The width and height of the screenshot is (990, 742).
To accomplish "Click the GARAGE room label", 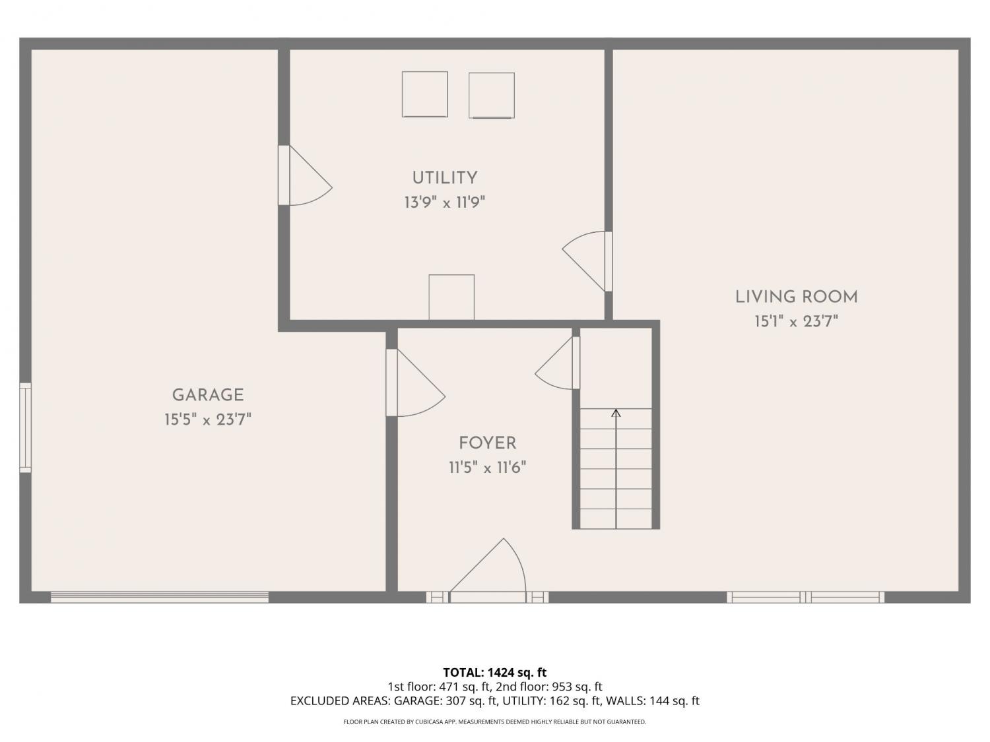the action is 208,395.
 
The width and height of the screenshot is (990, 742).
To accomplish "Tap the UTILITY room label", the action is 445,178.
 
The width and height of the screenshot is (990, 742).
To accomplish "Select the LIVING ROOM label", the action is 797,297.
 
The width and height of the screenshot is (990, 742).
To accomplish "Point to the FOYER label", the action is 487,443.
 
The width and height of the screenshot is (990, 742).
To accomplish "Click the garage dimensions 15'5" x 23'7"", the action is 207,420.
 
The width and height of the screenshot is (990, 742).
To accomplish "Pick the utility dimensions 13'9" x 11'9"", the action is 445,202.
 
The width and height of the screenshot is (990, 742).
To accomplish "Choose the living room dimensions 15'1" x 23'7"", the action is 797,322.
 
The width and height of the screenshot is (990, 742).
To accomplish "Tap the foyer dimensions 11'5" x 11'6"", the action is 487,468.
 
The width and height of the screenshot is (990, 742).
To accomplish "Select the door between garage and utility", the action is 305,175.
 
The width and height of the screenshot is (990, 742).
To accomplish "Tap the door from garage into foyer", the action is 415,383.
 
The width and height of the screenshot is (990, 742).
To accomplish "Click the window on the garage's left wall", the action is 25,427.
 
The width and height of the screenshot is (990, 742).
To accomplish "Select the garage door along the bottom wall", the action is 160,598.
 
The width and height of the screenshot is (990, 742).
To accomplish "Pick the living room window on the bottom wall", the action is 806,598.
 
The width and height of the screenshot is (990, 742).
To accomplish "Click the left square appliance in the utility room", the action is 425,94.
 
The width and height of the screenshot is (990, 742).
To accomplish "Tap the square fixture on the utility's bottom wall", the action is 451,297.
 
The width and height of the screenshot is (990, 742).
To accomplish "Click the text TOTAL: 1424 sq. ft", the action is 495,673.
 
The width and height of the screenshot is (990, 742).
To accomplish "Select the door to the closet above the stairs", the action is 558,363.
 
